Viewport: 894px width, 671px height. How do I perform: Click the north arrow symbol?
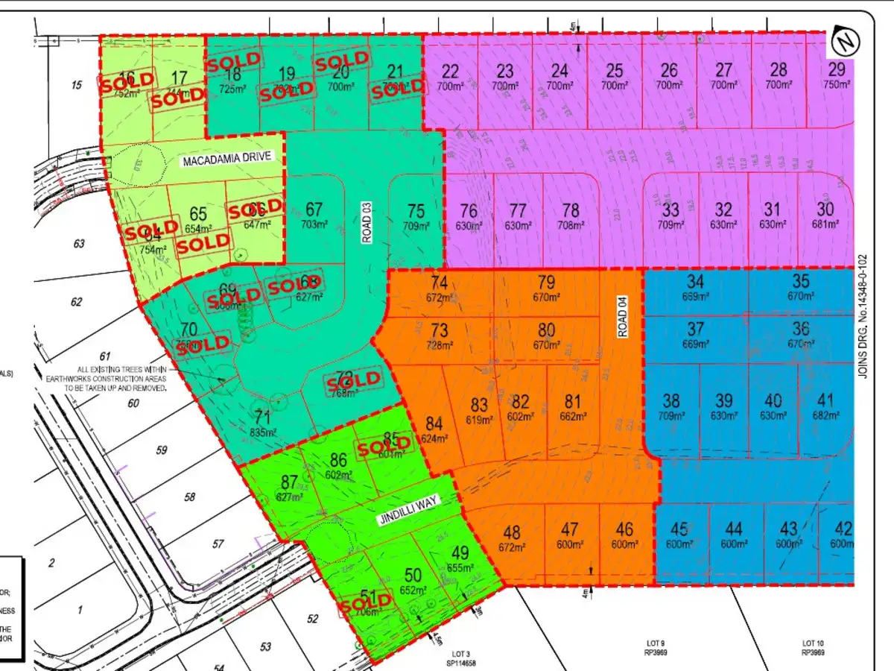click(844, 40)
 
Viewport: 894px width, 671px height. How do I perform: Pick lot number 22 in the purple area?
click(451, 71)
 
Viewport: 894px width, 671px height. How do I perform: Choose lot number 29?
click(837, 71)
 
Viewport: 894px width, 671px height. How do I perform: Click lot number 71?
click(261, 417)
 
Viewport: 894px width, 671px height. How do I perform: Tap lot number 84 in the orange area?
click(434, 424)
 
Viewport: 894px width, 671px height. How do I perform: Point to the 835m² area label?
click(263, 432)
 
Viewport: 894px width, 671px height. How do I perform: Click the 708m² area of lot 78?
click(571, 225)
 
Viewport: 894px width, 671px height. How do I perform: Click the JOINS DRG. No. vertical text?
click(864, 321)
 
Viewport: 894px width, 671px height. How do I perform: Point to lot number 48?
click(512, 532)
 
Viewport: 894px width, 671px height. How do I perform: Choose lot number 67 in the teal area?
click(314, 210)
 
